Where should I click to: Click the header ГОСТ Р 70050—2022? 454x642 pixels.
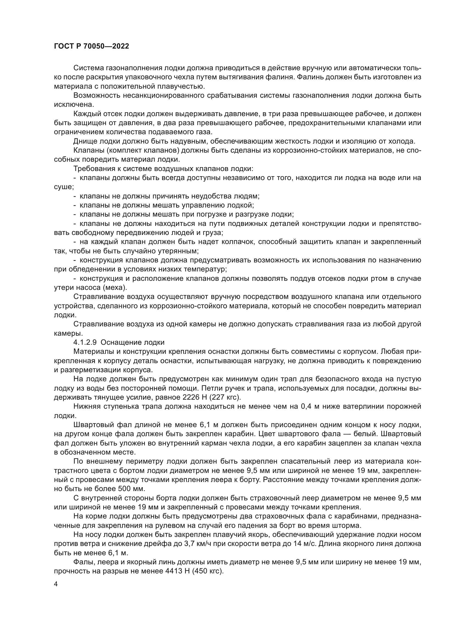tap(91, 46)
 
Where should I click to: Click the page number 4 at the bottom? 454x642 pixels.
tap(56, 584)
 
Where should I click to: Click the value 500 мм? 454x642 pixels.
tap(133, 489)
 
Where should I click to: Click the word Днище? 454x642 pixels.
tap(84, 141)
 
